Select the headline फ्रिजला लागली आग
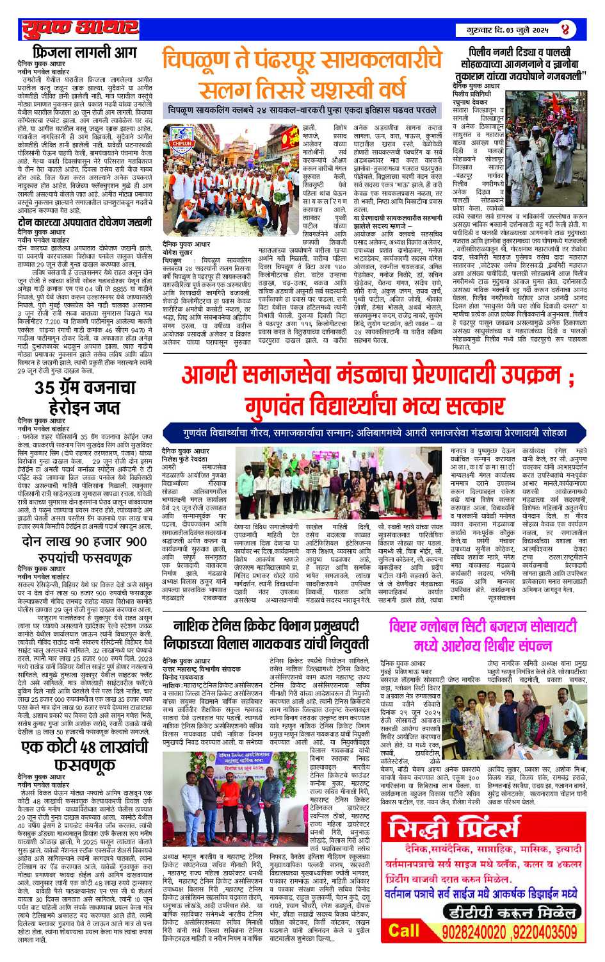click(85, 53)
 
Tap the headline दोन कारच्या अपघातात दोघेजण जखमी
click(85, 222)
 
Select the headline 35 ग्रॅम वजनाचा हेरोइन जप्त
click(85, 397)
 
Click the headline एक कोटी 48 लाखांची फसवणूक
click(85, 755)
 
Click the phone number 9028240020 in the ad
click(476, 930)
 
